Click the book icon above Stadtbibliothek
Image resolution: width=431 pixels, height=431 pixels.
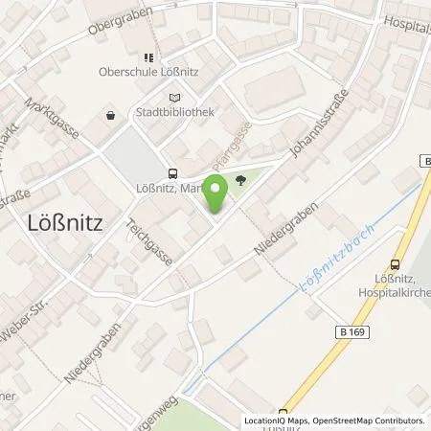(173, 98)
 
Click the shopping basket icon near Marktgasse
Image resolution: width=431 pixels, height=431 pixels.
(111, 116)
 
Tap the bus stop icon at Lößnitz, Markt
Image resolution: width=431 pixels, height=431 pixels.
(173, 174)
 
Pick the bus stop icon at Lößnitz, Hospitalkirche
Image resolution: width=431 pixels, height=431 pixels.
(396, 265)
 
